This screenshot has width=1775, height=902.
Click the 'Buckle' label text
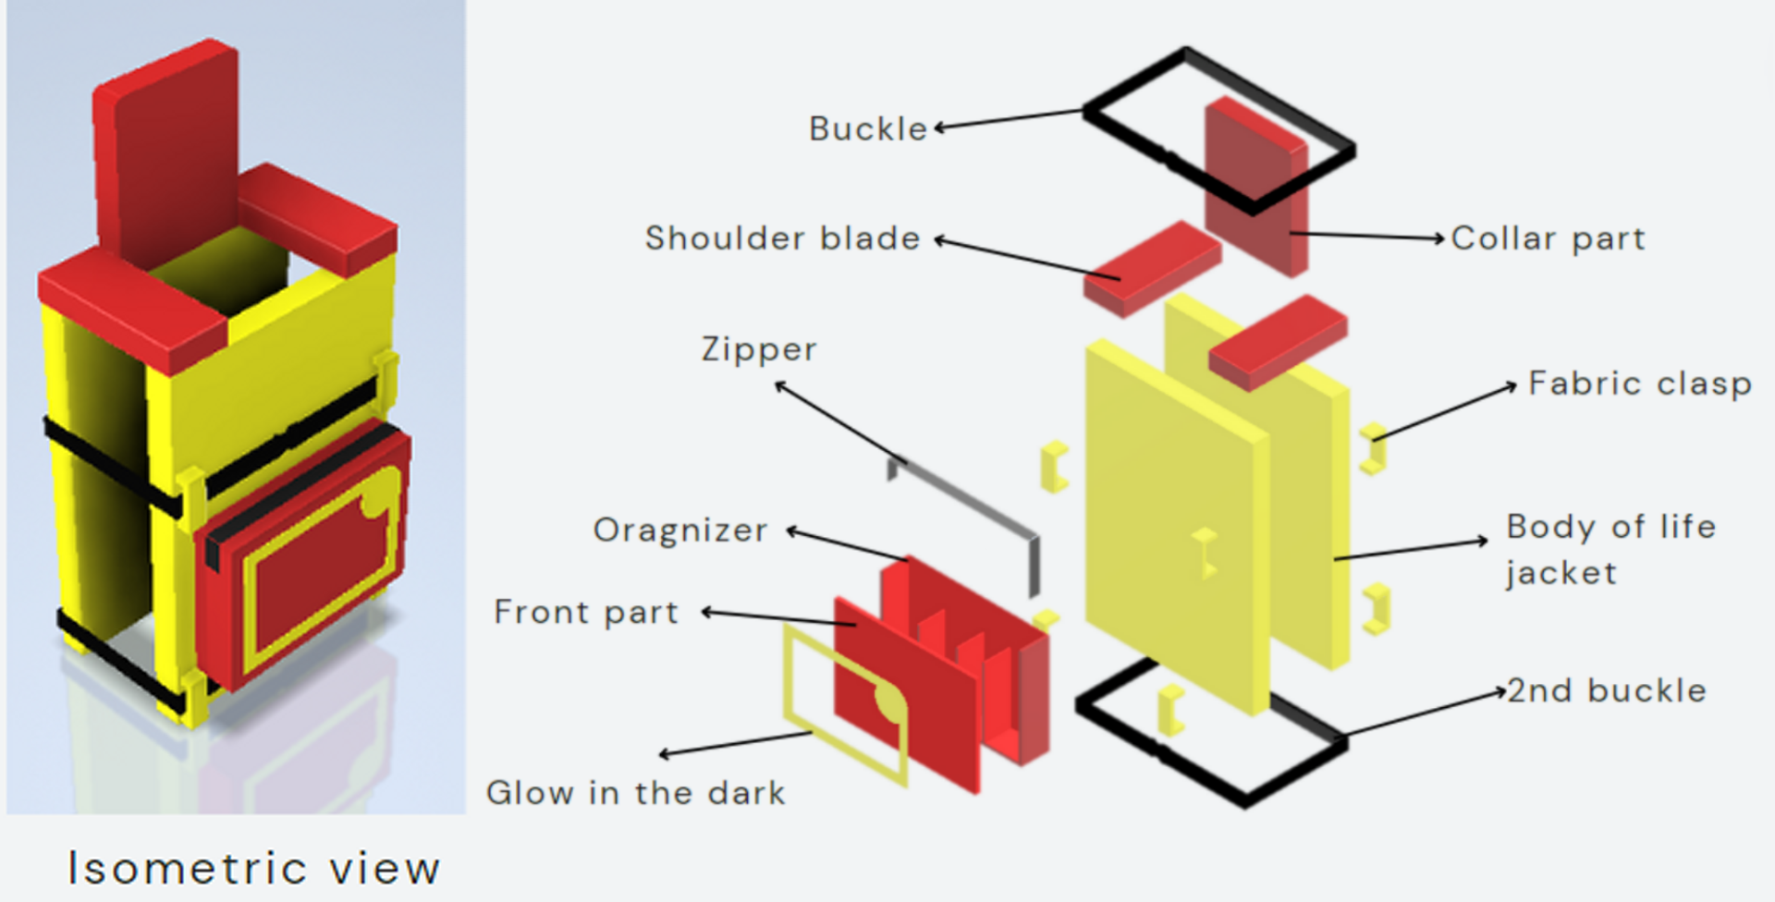click(867, 128)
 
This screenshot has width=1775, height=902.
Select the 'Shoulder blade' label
click(782, 238)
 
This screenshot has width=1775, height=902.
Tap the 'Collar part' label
click(1548, 238)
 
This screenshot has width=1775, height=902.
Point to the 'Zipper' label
click(759, 349)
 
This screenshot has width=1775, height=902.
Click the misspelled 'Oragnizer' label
click(680, 530)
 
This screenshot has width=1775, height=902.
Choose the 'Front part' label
click(586, 612)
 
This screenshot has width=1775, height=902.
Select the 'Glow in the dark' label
click(636, 793)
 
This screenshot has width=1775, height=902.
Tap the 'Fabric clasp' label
click(1639, 384)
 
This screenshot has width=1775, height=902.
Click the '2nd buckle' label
click(1607, 690)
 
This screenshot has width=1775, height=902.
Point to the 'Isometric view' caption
click(254, 868)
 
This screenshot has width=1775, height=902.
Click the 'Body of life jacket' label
click(1610, 549)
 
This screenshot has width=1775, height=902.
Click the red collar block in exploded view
click(1254, 185)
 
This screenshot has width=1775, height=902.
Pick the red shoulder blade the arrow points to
click(1151, 268)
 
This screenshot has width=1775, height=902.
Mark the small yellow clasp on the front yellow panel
click(1205, 553)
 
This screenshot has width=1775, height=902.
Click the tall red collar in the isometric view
click(166, 148)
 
